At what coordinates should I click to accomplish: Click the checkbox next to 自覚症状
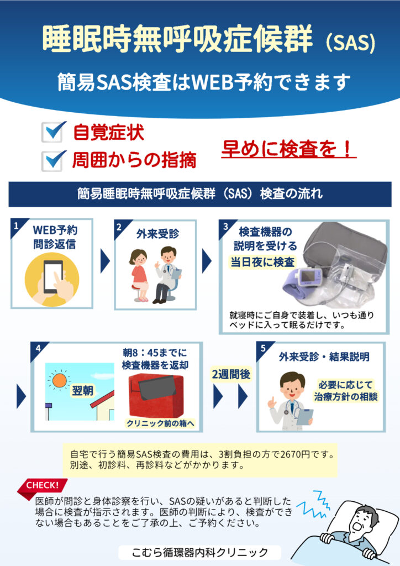(52, 132)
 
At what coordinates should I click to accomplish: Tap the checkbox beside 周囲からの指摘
(52, 161)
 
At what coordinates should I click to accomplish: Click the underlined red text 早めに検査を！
(288, 149)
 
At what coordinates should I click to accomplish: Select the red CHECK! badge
(43, 486)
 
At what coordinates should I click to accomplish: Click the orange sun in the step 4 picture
(59, 380)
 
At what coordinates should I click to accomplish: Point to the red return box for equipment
(156, 396)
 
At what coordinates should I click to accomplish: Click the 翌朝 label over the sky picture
(83, 391)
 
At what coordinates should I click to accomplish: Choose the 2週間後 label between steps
(231, 374)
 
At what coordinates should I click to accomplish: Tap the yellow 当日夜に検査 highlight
(262, 261)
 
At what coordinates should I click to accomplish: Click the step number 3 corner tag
(226, 227)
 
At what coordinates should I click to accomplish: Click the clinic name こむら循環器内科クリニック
(200, 552)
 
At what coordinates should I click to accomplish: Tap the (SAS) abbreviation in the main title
(350, 42)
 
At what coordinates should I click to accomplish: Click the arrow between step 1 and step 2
(104, 261)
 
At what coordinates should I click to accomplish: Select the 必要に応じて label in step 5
(345, 385)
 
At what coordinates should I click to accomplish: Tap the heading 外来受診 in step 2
(157, 234)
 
